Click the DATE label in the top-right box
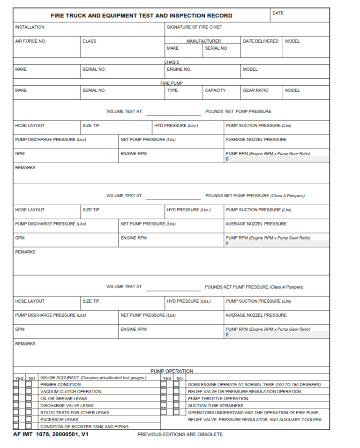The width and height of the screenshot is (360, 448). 278,13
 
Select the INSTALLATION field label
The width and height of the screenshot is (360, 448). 30,27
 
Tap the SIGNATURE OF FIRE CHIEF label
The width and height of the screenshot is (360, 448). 194,27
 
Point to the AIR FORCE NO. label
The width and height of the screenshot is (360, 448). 30,41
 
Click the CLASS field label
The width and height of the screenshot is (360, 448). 89,41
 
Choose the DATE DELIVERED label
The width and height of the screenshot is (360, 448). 261,41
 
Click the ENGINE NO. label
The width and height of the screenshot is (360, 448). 179,69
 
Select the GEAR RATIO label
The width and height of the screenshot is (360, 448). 255,90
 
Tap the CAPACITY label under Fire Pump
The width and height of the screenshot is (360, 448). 215,90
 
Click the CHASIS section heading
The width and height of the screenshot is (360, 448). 171,62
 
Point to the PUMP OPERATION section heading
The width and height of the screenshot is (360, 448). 172,371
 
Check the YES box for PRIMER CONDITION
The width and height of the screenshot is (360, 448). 16,385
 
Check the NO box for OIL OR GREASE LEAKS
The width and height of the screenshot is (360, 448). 29,399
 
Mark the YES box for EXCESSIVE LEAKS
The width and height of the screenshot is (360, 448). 16,420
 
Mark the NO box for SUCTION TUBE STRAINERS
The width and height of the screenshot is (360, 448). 176,406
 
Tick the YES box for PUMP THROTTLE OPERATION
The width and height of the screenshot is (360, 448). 164,399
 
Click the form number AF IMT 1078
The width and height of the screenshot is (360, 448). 38,434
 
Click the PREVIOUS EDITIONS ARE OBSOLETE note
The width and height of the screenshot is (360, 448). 180,434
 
